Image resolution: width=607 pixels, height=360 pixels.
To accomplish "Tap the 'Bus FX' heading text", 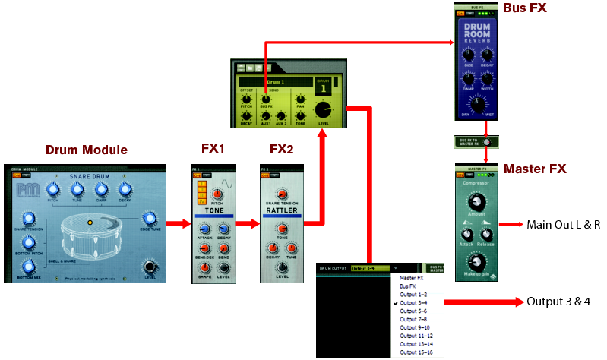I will click(x=523, y=8).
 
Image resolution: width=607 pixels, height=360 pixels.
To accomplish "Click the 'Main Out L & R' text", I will click(x=563, y=225).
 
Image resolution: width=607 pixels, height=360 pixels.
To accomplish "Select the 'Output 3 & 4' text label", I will click(x=558, y=302).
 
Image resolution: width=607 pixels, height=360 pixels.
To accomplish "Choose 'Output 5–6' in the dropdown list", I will click(x=415, y=311).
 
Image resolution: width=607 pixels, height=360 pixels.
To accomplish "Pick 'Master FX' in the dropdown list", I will click(x=411, y=278).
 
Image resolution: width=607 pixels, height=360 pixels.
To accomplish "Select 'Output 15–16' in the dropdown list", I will click(x=416, y=353).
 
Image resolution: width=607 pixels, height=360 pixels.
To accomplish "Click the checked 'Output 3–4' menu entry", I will click(x=414, y=303).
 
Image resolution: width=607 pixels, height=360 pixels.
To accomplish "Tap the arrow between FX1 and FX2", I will click(x=244, y=224).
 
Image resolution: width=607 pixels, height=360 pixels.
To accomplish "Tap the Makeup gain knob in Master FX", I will click(x=476, y=264).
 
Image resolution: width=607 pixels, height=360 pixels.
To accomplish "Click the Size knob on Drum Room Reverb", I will click(x=469, y=55).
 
